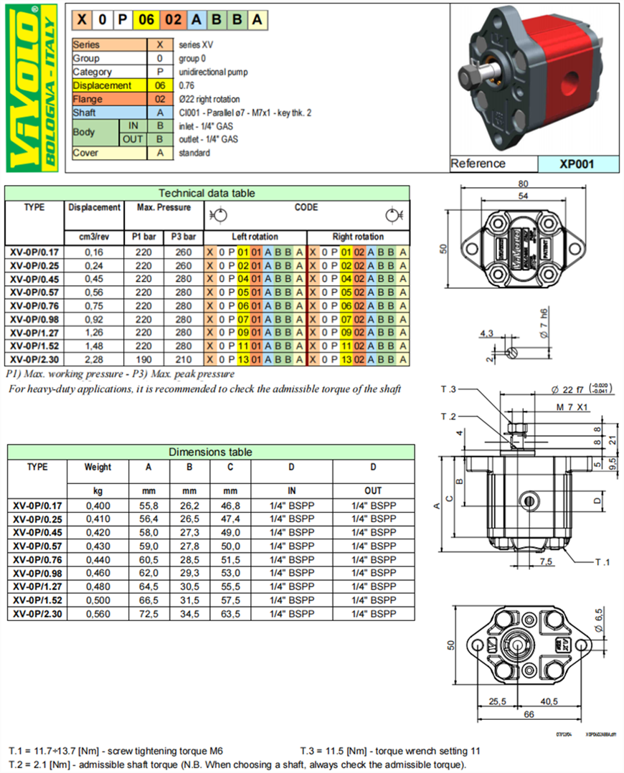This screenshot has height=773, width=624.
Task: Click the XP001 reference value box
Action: click(577, 163)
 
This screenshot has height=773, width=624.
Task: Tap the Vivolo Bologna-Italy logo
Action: click(32, 87)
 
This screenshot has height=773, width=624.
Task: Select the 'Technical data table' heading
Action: click(207, 193)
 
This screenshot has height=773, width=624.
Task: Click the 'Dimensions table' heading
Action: click(210, 452)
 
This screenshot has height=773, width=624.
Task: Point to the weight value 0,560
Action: click(98, 614)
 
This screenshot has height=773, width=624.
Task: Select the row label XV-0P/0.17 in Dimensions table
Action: click(37, 506)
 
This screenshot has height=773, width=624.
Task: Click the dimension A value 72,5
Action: click(148, 614)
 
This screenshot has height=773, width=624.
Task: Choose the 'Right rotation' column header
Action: click(358, 237)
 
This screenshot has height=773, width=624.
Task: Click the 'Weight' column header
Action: click(98, 468)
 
